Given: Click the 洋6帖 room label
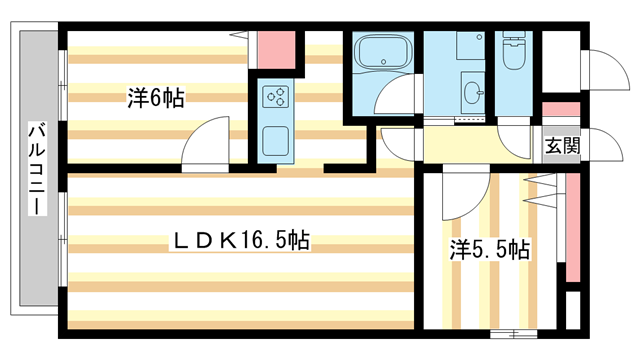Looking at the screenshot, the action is click(154, 98).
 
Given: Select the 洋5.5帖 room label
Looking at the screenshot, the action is click(489, 250).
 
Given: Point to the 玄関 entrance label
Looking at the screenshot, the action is click(561, 146).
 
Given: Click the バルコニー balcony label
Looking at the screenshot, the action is click(36, 168).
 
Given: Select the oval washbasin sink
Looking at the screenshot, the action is click(473, 96).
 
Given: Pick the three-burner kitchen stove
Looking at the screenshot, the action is click(276, 98).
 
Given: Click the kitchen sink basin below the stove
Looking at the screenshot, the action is click(275, 140).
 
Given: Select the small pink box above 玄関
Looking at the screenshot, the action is click(561, 110).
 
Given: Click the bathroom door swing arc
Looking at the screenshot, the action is click(397, 105).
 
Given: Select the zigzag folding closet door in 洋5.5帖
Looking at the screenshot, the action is click(540, 190).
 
